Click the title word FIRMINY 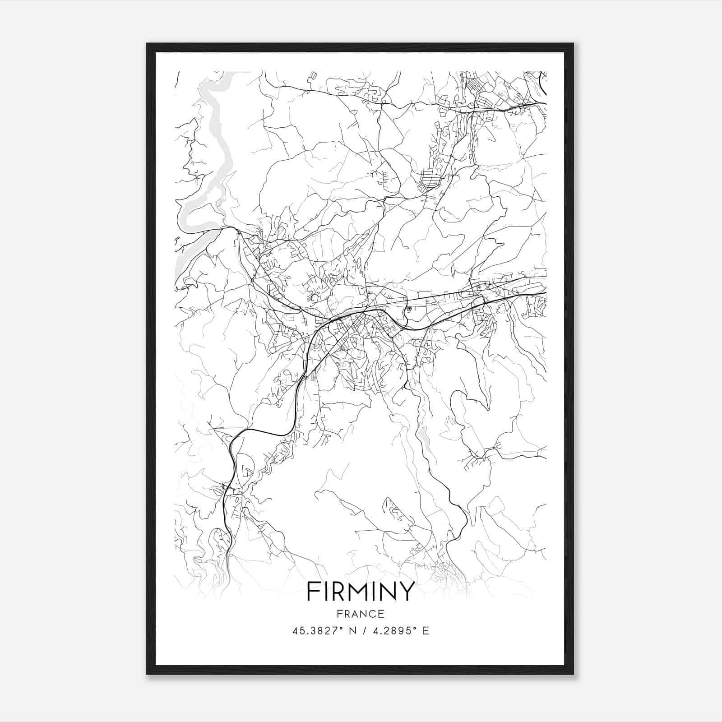coord(361,591)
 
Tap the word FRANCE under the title coord(361,614)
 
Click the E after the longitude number coord(426,631)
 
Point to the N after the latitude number coord(352,631)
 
